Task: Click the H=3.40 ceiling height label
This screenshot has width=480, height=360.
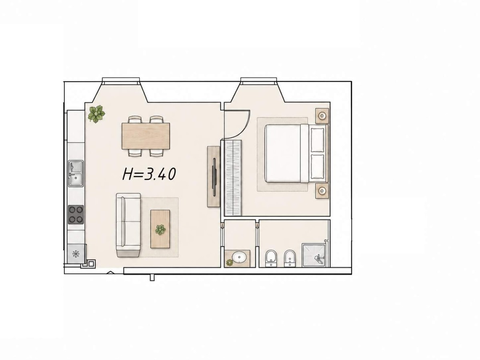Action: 149,174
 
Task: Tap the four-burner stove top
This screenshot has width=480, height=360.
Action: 76,214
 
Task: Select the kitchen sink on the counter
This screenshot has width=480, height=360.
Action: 76,173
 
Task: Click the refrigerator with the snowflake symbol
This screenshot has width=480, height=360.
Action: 76,254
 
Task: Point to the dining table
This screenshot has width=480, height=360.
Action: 146,136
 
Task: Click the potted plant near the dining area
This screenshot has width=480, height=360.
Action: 96,114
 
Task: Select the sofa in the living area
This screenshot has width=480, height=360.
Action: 128,225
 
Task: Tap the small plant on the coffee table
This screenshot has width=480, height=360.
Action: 160,230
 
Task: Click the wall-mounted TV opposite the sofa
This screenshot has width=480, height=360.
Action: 214,176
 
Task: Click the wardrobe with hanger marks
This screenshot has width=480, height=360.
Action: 233,178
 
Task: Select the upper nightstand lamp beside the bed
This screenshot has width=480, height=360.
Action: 322,116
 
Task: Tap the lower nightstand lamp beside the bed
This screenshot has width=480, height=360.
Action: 322,191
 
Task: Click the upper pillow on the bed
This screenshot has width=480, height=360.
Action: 317,140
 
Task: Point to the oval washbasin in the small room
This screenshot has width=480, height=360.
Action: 239,257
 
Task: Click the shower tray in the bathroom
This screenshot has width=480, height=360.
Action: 316,255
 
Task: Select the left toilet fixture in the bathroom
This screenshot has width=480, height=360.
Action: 271,258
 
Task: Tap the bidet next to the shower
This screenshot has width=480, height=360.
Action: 290,258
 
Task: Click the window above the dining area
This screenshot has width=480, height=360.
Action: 121,81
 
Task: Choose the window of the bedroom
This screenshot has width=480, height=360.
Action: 259,81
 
